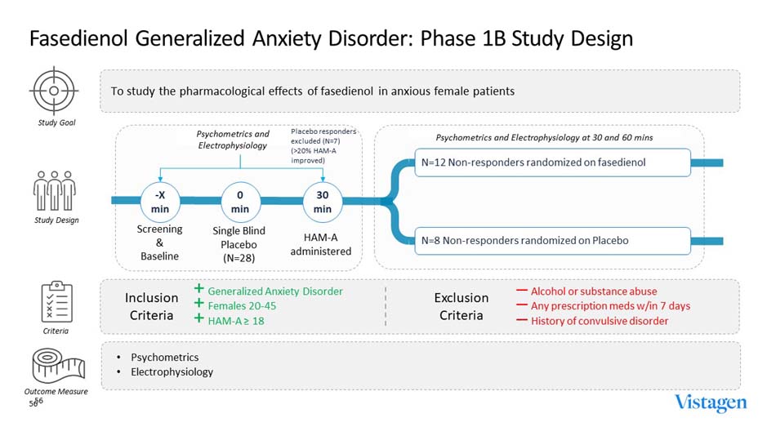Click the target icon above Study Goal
pyautogui.click(x=54, y=91)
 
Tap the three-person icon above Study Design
pyautogui.click(x=54, y=190)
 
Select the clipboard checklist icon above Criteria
pyautogui.click(x=54, y=302)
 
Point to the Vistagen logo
pyautogui.click(x=710, y=403)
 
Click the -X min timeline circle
pyautogui.click(x=160, y=200)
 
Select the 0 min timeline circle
pyautogui.click(x=240, y=200)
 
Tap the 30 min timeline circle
pyautogui.click(x=322, y=200)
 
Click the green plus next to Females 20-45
pyautogui.click(x=198, y=305)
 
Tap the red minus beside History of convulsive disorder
pyautogui.click(x=521, y=321)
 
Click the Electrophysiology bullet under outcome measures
pyautogui.click(x=172, y=372)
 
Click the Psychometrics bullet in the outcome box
pyautogui.click(x=164, y=358)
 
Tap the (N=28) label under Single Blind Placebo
pyautogui.click(x=240, y=258)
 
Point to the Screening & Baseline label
pyautogui.click(x=159, y=242)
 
